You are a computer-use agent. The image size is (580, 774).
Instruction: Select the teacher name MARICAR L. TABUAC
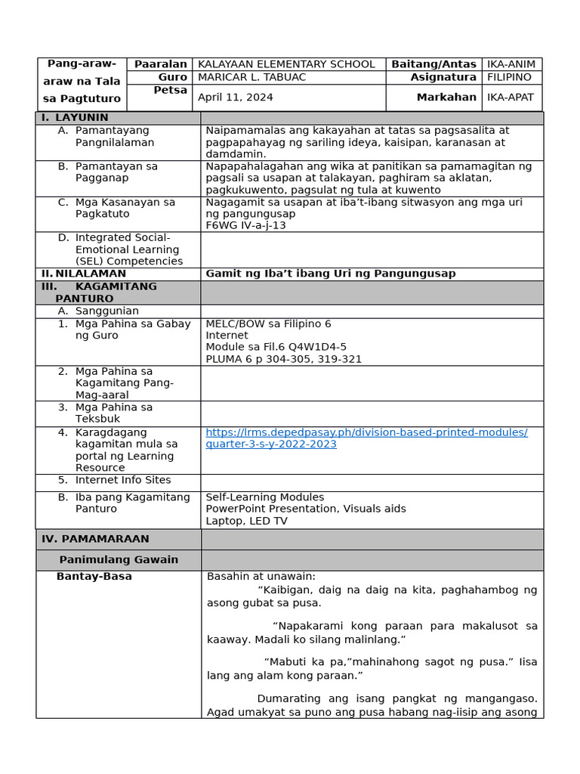[251, 77]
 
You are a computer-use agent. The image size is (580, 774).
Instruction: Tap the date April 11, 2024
[236, 98]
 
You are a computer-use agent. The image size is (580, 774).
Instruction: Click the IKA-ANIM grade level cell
[510, 64]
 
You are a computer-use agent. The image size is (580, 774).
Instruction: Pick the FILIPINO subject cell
[509, 77]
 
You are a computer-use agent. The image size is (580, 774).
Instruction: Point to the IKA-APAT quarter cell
[511, 98]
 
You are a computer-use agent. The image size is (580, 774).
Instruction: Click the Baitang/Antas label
[433, 64]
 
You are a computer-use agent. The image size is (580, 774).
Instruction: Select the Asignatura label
[443, 77]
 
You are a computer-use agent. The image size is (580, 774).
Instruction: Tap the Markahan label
[446, 98]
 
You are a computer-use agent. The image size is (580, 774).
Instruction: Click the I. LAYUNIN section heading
[75, 118]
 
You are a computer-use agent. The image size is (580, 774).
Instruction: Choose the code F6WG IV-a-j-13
[245, 225]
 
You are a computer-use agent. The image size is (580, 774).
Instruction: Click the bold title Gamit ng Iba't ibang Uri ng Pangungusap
[331, 274]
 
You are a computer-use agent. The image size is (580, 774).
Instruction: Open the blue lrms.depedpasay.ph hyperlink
[366, 438]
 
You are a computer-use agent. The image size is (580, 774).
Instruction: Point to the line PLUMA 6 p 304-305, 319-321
[283, 359]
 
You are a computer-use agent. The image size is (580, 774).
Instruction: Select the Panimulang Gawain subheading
[119, 560]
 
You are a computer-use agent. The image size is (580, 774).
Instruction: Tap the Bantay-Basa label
[94, 577]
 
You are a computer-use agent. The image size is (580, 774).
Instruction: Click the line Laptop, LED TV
[246, 521]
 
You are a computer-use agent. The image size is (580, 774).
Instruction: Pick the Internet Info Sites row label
[122, 480]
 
